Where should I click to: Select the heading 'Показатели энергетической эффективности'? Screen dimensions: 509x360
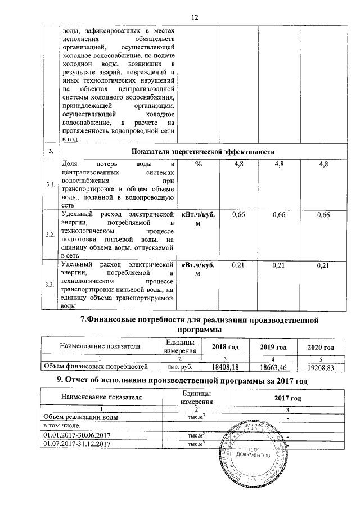point(203,151)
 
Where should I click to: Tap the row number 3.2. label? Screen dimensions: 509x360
point(50,234)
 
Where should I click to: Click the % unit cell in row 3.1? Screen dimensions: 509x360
point(198,164)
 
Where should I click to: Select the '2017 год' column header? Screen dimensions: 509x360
point(287,398)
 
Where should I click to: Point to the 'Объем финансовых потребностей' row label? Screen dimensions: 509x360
point(96,366)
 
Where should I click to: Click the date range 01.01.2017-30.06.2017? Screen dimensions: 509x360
point(76,435)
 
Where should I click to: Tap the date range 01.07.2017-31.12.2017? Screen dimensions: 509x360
point(76,444)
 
